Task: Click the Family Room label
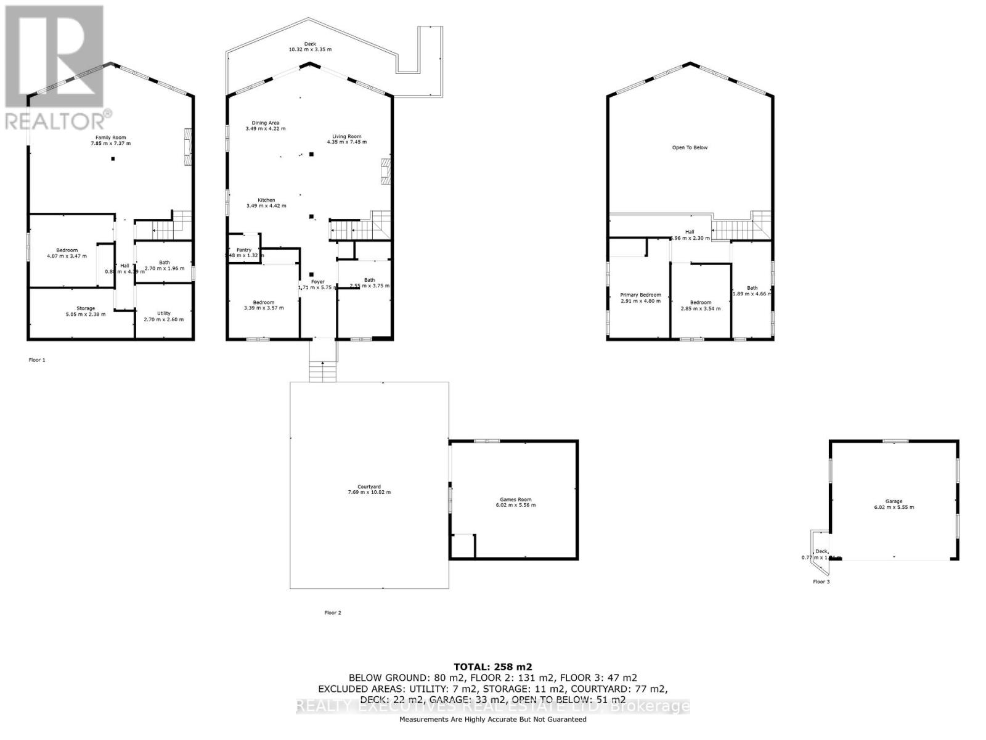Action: [110, 138]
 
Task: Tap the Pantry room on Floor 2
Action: [243, 250]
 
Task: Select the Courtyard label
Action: [369, 487]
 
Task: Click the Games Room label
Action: [515, 499]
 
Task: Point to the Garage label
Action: [894, 501]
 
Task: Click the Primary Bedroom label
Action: [640, 295]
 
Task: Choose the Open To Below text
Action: [690, 147]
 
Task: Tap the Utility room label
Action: [163, 313]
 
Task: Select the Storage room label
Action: [86, 308]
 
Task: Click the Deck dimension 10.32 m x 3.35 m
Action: [310, 49]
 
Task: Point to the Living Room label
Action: [347, 136]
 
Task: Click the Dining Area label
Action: [265, 123]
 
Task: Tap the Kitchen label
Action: [266, 200]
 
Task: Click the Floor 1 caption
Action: [37, 360]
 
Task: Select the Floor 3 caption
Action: [821, 582]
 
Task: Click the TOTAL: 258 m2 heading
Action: [492, 667]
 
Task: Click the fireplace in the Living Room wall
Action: [385, 172]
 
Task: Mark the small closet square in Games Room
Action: [463, 546]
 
